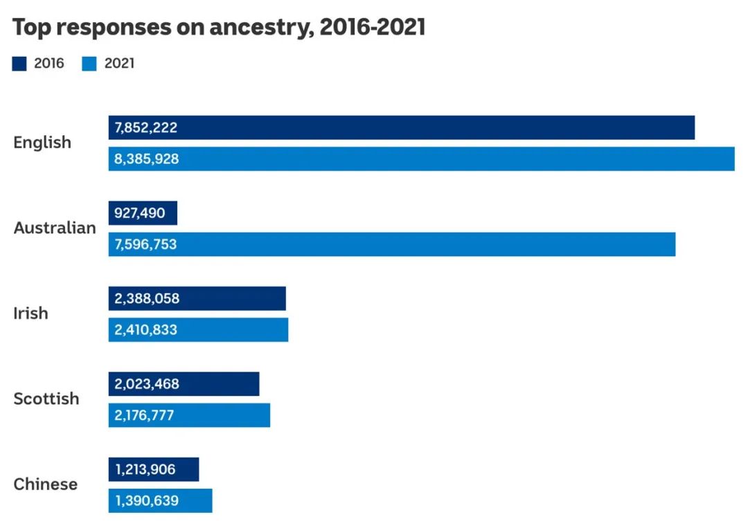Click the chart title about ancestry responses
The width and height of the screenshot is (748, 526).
pos(219,28)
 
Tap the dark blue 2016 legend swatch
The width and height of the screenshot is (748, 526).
pos(19,64)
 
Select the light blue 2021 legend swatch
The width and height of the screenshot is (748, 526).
pos(89,64)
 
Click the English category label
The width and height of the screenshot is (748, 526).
pos(42,143)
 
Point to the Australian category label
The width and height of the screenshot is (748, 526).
pos(55,228)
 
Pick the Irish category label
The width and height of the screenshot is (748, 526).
pos(31,314)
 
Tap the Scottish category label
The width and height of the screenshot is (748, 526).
pos(46,399)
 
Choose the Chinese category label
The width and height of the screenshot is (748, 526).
pos(46,484)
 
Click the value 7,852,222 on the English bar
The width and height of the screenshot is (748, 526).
pos(146,127)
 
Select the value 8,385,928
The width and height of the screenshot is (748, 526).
pos(147,159)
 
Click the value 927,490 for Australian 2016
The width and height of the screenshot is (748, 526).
pos(140,213)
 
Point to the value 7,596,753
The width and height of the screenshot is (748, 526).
pos(146,244)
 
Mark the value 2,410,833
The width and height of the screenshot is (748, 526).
pos(146,330)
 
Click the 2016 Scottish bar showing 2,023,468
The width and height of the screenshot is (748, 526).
pos(184,384)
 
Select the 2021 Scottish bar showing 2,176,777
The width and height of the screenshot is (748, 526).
pos(189,415)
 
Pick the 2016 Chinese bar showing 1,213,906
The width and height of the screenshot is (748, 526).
pos(154,469)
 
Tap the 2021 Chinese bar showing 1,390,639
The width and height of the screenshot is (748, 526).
pos(160,501)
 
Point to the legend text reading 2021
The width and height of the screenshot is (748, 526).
pos(119,64)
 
